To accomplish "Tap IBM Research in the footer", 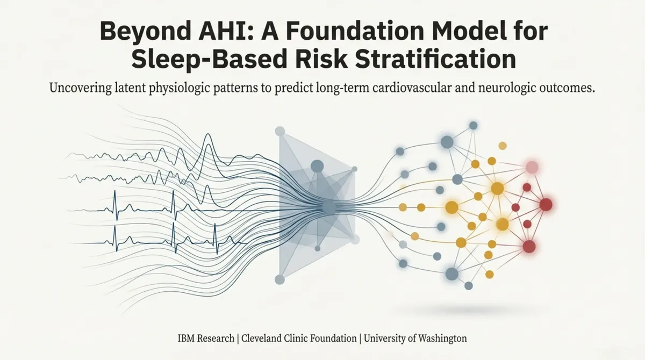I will pyautogui.click(x=206, y=339).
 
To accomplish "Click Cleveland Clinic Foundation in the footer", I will pyautogui.click(x=299, y=339).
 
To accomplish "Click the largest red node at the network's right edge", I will pyautogui.click(x=546, y=204).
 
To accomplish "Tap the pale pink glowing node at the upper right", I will pyautogui.click(x=532, y=167).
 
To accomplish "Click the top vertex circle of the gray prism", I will pyautogui.click(x=279, y=131).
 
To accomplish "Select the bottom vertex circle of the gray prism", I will pyautogui.click(x=279, y=279).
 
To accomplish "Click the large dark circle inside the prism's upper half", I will pyautogui.click(x=317, y=166).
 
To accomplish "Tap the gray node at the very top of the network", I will pyautogui.click(x=473, y=125).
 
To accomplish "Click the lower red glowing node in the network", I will pyautogui.click(x=529, y=246).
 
